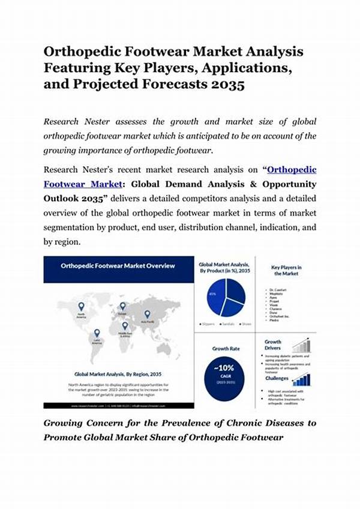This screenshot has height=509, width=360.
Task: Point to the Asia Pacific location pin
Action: tap(147, 313)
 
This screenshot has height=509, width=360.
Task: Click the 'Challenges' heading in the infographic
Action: tap(277, 378)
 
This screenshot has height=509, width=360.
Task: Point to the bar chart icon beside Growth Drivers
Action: tap(301, 345)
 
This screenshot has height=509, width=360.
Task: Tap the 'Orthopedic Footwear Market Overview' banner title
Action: tap(118, 265)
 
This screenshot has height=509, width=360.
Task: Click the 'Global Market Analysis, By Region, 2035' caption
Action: tap(117, 373)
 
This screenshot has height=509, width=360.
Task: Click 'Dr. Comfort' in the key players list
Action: tap(278, 289)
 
